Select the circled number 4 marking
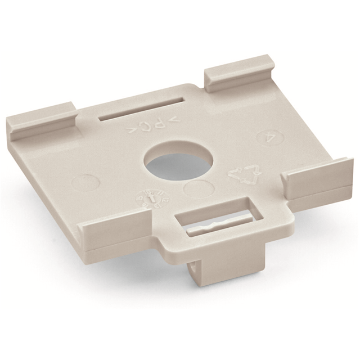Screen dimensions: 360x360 tap(269, 138)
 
